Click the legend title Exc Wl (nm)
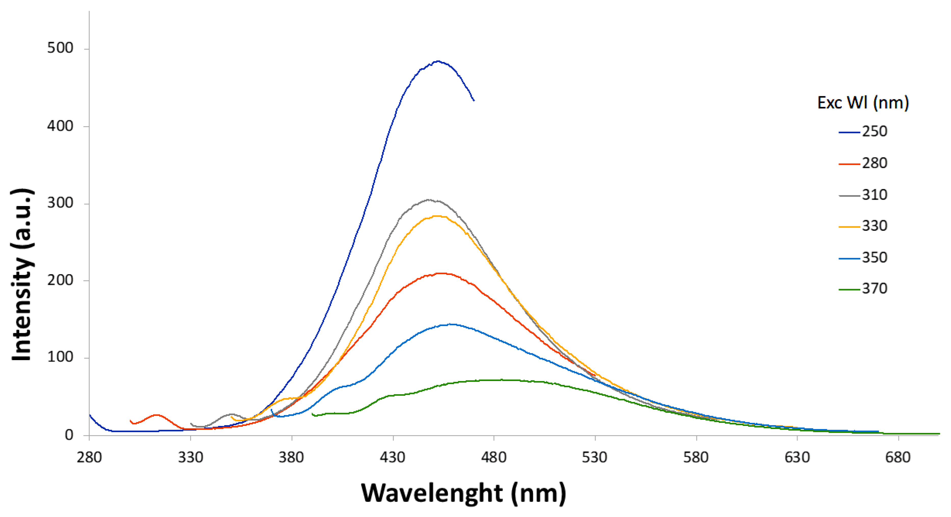click(x=863, y=103)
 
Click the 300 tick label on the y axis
click(x=60, y=203)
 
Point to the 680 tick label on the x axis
click(x=898, y=458)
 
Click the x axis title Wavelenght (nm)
click(x=463, y=493)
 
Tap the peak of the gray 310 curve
click(x=428, y=200)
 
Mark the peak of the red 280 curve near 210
click(x=441, y=273)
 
